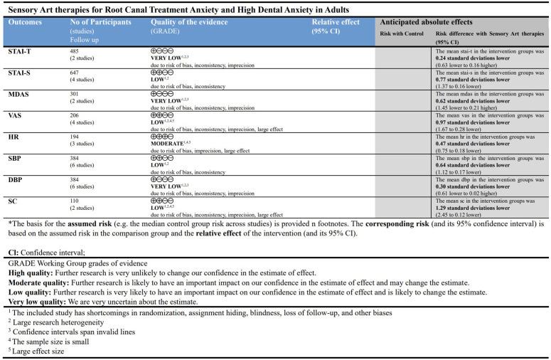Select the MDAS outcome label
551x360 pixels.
pos(20,93)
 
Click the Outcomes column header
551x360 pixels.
pos(25,22)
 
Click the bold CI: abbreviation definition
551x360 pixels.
pos(12,250)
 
